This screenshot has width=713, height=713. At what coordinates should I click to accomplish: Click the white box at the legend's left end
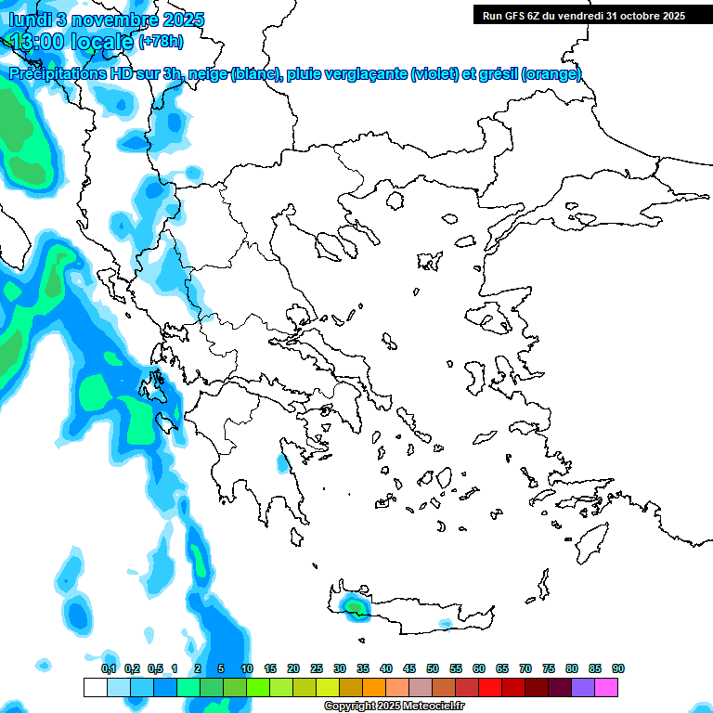(x=95, y=687)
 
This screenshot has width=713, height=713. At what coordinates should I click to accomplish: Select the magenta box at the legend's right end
(x=606, y=687)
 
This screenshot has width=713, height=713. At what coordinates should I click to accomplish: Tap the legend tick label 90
(x=618, y=668)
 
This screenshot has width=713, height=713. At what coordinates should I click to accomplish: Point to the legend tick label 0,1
(x=109, y=668)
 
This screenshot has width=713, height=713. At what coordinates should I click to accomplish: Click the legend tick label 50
(x=433, y=668)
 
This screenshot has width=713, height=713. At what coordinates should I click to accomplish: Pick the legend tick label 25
(x=317, y=668)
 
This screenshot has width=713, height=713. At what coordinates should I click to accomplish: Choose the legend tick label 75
(x=549, y=668)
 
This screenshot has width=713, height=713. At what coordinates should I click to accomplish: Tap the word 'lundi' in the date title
(x=29, y=19)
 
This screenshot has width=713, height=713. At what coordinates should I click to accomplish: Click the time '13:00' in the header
(x=38, y=41)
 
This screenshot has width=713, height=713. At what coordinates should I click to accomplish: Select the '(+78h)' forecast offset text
(x=161, y=41)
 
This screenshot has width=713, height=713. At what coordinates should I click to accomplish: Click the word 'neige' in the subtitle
(x=207, y=74)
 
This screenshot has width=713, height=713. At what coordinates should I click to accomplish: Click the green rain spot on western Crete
(x=355, y=606)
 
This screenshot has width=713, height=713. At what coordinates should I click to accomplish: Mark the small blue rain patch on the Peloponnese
(x=281, y=462)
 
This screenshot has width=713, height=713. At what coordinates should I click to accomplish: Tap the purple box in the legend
(x=583, y=687)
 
